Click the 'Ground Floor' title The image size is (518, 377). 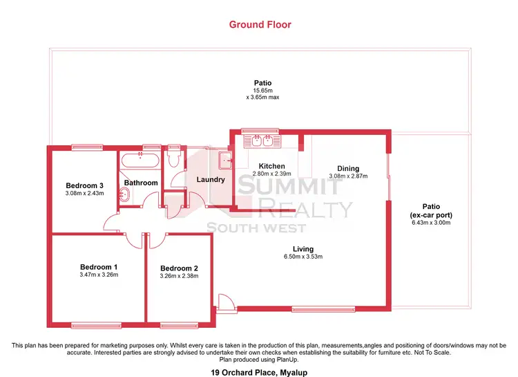coord(260,25)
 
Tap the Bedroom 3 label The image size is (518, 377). coord(84,185)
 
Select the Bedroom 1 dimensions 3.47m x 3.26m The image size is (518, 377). coord(99,274)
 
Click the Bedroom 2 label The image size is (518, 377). coord(179,268)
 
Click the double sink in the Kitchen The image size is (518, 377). coord(261,142)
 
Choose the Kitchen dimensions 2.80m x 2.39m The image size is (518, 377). coord(271,174)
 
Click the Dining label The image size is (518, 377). coord(348,168)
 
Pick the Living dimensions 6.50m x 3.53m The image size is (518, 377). coord(303,257)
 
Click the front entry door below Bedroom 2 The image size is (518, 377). coord(224,303)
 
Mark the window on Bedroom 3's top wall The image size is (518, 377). coord(86,146)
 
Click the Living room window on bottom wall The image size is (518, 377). coord(314,309)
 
